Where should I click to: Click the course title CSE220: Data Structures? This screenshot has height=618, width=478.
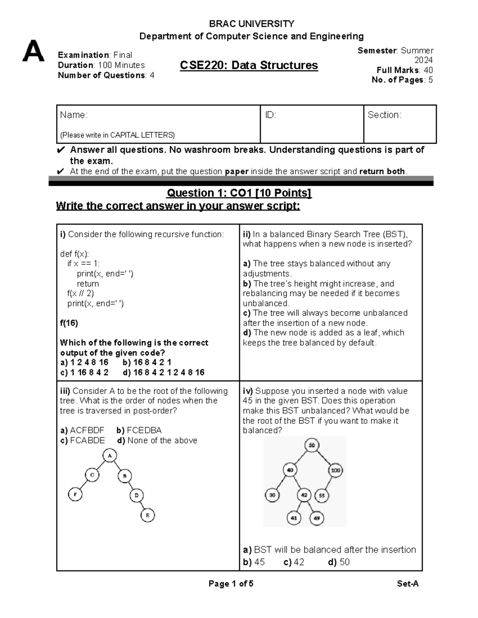click(x=249, y=65)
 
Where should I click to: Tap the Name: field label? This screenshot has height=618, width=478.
click(x=74, y=115)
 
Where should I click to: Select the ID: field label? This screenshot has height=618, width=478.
click(x=270, y=115)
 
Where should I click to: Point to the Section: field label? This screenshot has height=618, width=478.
click(x=384, y=115)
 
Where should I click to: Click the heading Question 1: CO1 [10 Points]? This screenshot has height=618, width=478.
click(x=239, y=193)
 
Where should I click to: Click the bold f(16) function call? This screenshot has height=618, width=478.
click(x=69, y=323)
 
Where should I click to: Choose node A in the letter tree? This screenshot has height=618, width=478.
click(x=110, y=456)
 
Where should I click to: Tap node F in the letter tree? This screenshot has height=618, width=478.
click(x=75, y=495)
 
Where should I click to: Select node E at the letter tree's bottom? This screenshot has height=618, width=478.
click(x=147, y=515)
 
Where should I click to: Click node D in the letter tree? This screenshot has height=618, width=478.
click(x=137, y=495)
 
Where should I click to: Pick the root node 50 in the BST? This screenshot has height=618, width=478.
click(x=311, y=445)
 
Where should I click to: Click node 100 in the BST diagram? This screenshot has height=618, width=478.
click(x=336, y=470)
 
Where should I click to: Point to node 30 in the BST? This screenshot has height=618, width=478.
click(x=272, y=495)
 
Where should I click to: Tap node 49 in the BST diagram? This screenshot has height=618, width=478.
click(x=317, y=518)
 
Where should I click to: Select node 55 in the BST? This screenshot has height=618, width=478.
click(x=322, y=496)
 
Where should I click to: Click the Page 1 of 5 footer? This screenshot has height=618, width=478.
click(x=231, y=584)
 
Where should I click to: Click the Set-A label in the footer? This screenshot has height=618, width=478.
click(x=407, y=584)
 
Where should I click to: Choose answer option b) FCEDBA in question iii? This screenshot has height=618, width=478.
click(x=139, y=430)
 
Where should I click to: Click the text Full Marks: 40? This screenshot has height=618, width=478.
click(x=405, y=70)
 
